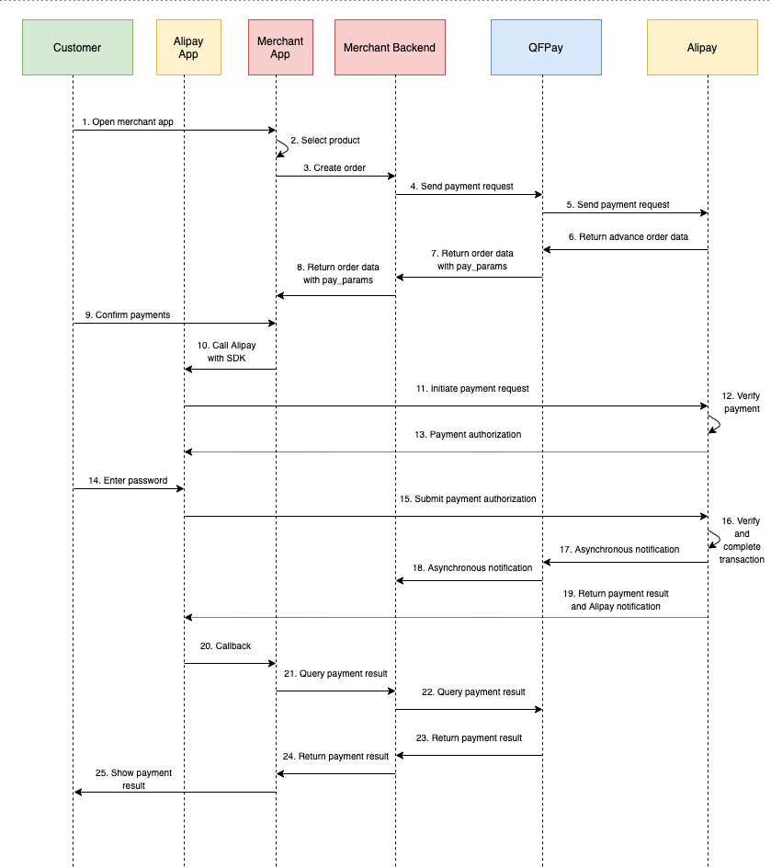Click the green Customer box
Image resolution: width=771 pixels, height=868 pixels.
point(77,48)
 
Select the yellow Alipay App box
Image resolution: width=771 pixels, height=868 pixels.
point(188,48)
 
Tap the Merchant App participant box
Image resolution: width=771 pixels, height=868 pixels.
point(280,48)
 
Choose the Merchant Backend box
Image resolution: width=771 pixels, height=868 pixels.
point(390,48)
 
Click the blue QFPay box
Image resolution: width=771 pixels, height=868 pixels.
point(546,48)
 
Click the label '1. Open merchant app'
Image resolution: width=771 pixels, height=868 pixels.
point(128,121)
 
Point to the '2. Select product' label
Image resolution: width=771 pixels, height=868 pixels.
point(325,141)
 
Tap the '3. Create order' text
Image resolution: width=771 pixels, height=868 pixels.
point(334,168)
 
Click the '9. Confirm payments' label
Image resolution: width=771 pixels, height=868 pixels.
point(128,315)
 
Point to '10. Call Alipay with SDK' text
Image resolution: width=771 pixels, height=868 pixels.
point(227,351)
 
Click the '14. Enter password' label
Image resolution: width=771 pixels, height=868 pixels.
point(128,481)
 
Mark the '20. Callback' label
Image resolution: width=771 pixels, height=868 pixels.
point(225,646)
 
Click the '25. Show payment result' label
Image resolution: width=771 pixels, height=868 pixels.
point(134,780)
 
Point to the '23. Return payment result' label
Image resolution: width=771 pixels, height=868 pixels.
point(469,738)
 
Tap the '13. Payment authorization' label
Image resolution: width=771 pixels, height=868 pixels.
point(469,435)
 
